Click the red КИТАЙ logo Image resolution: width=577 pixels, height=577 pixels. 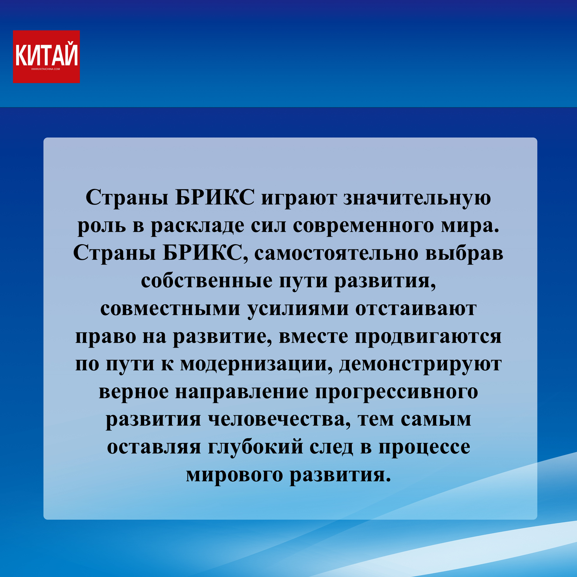click(x=46, y=57)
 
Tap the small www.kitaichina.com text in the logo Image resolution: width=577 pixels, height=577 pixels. click(x=45, y=69)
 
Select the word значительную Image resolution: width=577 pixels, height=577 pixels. click(x=417, y=198)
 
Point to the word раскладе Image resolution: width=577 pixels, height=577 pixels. click(x=197, y=226)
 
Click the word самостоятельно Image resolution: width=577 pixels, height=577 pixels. click(x=336, y=253)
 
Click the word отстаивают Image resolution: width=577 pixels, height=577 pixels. click(x=416, y=309)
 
